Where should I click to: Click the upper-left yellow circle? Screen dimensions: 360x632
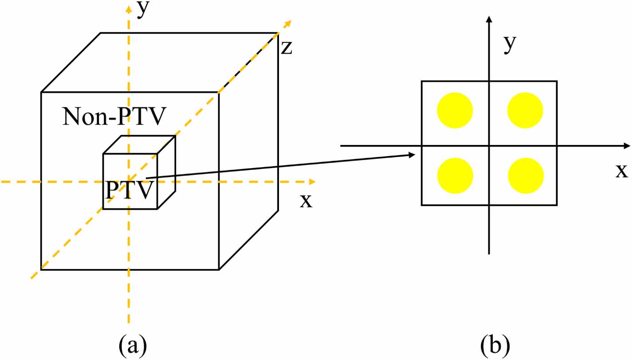tap(455, 110)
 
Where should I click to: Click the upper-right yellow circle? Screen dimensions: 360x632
tap(525, 110)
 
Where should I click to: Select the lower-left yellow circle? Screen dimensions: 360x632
tap(455, 176)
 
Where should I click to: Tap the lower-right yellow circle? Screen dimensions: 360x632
tap(526, 176)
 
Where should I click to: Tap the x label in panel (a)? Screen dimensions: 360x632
tap(306, 201)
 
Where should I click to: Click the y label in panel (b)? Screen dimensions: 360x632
tap(511, 45)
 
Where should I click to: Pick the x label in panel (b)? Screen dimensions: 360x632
tap(622, 170)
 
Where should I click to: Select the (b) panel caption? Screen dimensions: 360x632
tap(495, 344)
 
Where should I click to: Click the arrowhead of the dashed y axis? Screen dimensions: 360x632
tap(129, 7)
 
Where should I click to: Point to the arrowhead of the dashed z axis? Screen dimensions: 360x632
tap(288, 22)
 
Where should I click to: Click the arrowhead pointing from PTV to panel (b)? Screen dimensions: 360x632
tap(412, 155)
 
